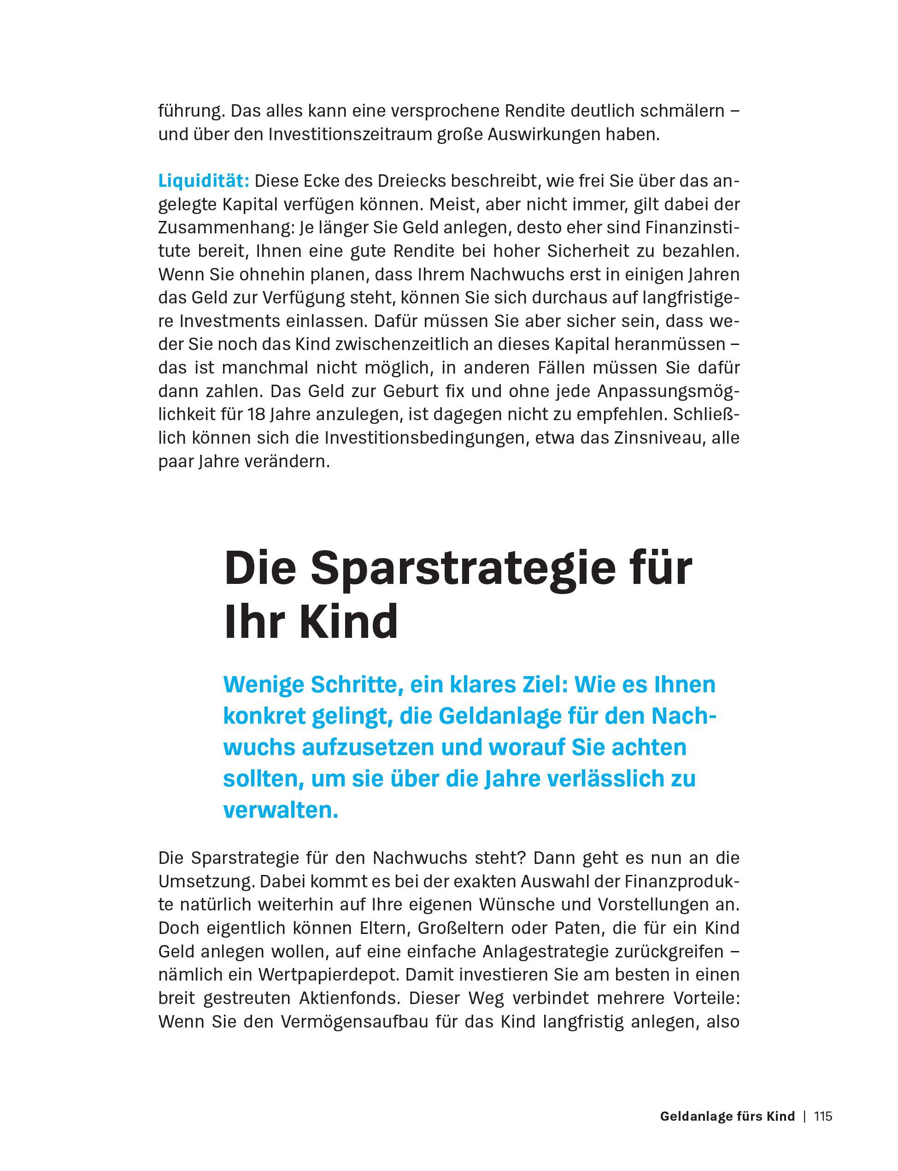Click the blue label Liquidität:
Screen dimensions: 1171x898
click(204, 181)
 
